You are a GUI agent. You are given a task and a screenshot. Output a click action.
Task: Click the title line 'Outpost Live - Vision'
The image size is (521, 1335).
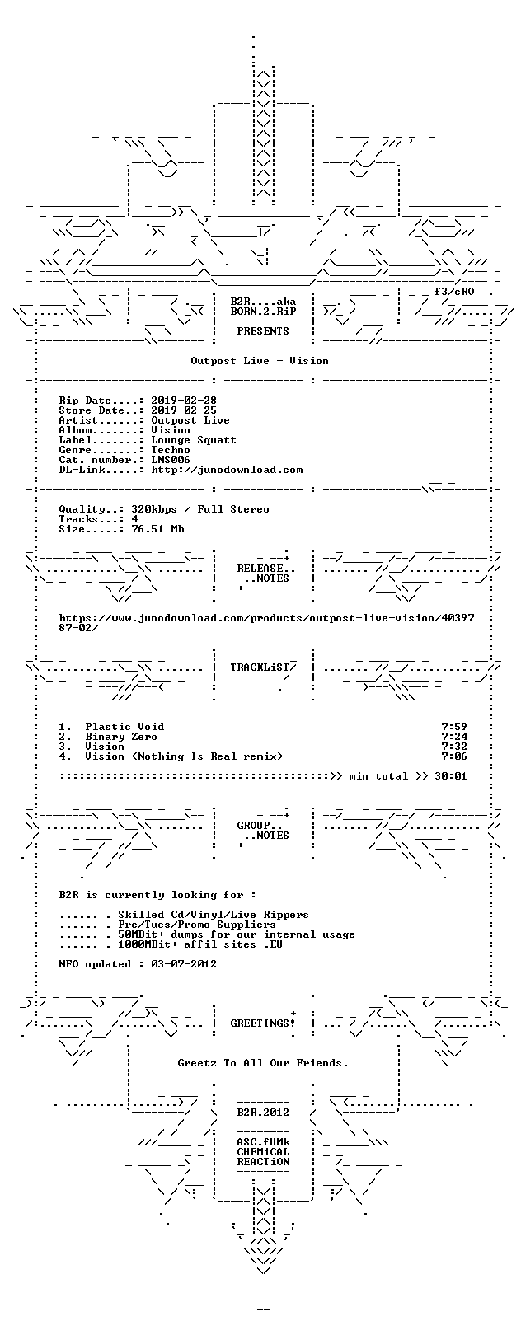coord(260,361)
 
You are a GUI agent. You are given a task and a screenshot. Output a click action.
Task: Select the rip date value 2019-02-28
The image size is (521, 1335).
coord(184,400)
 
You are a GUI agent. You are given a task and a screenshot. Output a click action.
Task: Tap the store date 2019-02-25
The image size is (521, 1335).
coord(184,410)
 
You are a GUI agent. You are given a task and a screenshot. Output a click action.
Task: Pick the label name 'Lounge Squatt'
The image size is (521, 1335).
coord(194,440)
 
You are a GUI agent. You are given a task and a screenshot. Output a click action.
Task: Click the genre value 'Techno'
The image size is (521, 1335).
coord(171,450)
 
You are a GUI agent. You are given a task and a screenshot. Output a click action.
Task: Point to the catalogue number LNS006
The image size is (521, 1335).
coord(171,460)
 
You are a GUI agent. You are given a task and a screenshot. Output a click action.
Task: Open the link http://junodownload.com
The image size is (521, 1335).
coord(228,471)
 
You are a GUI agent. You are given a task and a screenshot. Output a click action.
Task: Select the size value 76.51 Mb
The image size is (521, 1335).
coord(157,529)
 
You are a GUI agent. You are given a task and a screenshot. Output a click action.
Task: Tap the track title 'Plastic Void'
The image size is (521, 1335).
coord(124,727)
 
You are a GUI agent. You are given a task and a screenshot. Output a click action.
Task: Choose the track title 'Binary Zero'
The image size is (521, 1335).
coord(121,738)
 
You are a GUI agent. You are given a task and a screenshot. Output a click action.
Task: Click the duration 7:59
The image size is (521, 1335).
coord(454,727)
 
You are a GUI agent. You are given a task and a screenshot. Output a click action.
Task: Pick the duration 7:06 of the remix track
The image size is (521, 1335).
coord(454,756)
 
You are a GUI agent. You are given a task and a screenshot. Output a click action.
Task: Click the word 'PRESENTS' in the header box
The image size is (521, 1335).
coord(263,331)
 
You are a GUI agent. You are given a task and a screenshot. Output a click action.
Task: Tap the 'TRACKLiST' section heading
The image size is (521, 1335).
coord(260,667)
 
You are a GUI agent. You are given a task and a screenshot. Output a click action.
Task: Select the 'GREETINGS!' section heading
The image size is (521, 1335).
coord(263,1023)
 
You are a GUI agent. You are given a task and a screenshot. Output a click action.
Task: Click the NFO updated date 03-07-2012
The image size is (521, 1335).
coord(184,964)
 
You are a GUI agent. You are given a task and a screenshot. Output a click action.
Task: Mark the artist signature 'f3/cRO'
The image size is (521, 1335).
coord(454,292)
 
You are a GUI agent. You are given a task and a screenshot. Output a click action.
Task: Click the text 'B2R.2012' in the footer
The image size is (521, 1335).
coord(263,1112)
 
